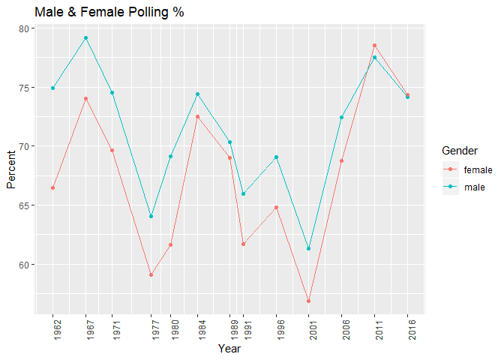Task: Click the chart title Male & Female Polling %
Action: (109, 13)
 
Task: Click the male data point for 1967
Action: (85, 37)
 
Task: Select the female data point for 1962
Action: (52, 187)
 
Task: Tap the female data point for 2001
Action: (309, 301)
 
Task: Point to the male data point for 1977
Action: (151, 216)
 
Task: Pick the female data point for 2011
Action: (375, 45)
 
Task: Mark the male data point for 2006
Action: (342, 117)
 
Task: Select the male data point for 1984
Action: (198, 94)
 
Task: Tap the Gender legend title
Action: (460, 151)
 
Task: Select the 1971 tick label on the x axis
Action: (112, 330)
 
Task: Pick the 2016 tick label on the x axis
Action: (408, 330)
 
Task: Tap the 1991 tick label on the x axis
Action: (244, 330)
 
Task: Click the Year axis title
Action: (229, 349)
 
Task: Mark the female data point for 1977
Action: (151, 274)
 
